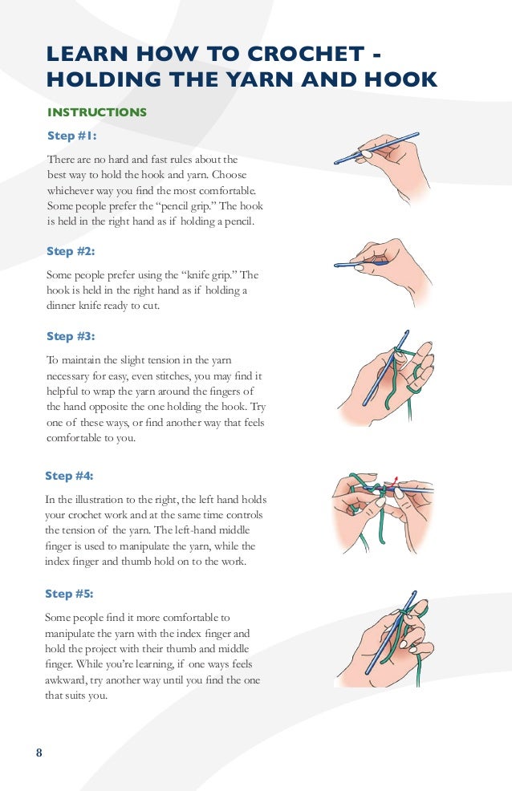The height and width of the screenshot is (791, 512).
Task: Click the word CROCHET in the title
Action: [307, 54]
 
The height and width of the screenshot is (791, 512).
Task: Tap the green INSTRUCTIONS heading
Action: [97, 112]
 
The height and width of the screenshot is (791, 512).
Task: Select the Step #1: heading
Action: [71, 136]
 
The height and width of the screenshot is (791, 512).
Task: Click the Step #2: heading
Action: [71, 251]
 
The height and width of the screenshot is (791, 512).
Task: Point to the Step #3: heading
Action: [71, 336]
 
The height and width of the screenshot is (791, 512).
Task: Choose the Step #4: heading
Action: [69, 476]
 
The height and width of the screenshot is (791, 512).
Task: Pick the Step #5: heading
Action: [69, 594]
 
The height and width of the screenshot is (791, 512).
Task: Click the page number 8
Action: [39, 752]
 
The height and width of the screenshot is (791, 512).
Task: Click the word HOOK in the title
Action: [401, 79]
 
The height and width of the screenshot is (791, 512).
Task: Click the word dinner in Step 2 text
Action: [60, 306]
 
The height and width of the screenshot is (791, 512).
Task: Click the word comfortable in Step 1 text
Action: [227, 191]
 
